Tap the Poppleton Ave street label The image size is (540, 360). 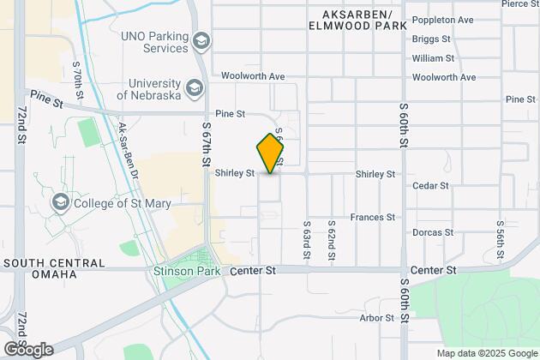(442, 19)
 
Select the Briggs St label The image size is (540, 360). (431, 39)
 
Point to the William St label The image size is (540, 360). (433, 58)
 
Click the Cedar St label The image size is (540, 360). (431, 185)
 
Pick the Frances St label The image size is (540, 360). (373, 219)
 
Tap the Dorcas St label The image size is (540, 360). (433, 232)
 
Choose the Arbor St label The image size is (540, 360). (377, 317)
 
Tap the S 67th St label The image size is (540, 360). (207, 142)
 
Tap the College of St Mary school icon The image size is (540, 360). (60, 202)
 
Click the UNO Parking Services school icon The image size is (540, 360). (201, 41)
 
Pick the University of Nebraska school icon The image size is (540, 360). (194, 87)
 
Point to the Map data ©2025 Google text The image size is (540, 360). (486, 353)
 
